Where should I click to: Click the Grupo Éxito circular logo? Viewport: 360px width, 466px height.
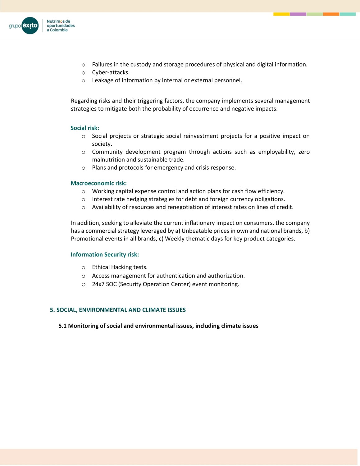[x=30, y=25]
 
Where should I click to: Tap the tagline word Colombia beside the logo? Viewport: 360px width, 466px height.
[x=59, y=30]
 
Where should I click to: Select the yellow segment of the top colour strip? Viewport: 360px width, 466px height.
[x=281, y=14]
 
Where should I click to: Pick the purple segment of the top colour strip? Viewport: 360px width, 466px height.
[x=298, y=14]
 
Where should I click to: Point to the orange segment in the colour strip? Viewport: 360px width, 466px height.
[x=331, y=14]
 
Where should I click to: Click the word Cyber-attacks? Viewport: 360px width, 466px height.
[x=111, y=72]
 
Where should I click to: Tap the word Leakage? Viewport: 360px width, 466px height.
[x=103, y=80]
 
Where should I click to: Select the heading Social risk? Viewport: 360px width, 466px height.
[x=85, y=128]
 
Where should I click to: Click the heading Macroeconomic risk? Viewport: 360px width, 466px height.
[x=98, y=183]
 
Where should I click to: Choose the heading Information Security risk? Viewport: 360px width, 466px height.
[x=105, y=254]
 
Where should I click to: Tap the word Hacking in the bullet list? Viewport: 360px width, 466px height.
[x=121, y=267]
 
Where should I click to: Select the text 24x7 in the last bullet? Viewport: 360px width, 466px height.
[x=98, y=284]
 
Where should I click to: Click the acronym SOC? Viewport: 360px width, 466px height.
[x=111, y=284]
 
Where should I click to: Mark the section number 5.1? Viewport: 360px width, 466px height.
[x=62, y=326]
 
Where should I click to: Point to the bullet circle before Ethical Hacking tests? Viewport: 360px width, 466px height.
[x=83, y=267]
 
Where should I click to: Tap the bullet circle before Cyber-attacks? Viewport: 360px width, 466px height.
[x=83, y=73]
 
